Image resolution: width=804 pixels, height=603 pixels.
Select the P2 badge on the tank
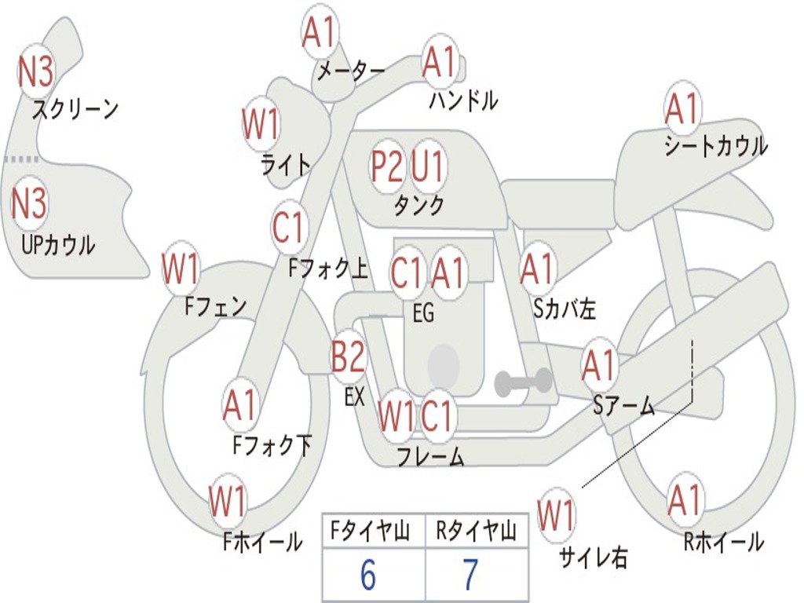coord(387,166)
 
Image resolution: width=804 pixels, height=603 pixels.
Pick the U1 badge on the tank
coord(428,166)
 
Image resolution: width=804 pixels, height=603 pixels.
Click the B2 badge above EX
coord(348,358)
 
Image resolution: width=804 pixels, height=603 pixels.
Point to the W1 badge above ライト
coord(261,124)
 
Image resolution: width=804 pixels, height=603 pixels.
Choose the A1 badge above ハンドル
coord(440,61)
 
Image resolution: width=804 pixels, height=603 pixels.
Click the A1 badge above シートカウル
coord(682,109)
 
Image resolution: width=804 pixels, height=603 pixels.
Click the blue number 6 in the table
coord(367,576)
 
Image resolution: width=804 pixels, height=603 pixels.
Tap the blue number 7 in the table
coord(470,576)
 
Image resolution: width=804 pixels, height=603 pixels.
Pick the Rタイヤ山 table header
coord(476,533)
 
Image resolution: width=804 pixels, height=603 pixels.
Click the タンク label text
coord(418,206)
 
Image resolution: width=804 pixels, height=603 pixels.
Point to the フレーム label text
coord(430,456)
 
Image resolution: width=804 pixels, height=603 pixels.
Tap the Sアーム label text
coord(624,405)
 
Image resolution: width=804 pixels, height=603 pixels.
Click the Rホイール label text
coord(723,541)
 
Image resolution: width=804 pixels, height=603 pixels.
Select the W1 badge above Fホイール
coord(228,501)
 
